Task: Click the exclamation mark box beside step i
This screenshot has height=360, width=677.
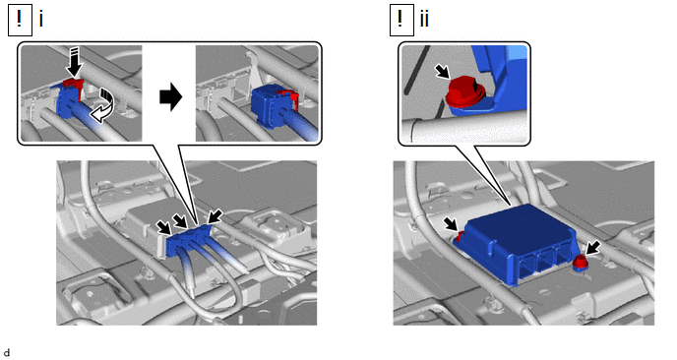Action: [20, 20]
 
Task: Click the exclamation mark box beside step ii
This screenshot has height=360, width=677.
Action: [401, 20]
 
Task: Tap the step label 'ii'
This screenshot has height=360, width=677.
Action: [424, 20]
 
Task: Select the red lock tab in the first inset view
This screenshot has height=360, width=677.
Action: [75, 87]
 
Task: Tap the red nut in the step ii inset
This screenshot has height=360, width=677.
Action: [462, 91]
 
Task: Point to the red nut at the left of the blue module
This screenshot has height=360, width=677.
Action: [461, 236]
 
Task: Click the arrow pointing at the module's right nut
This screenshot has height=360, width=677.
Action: [592, 249]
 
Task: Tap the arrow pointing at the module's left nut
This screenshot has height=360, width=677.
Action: [452, 223]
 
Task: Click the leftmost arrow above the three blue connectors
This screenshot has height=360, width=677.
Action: [163, 227]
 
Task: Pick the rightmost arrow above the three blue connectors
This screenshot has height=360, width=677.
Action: [215, 215]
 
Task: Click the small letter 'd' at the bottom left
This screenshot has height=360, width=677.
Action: [7, 353]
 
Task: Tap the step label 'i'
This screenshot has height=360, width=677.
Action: [41, 20]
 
